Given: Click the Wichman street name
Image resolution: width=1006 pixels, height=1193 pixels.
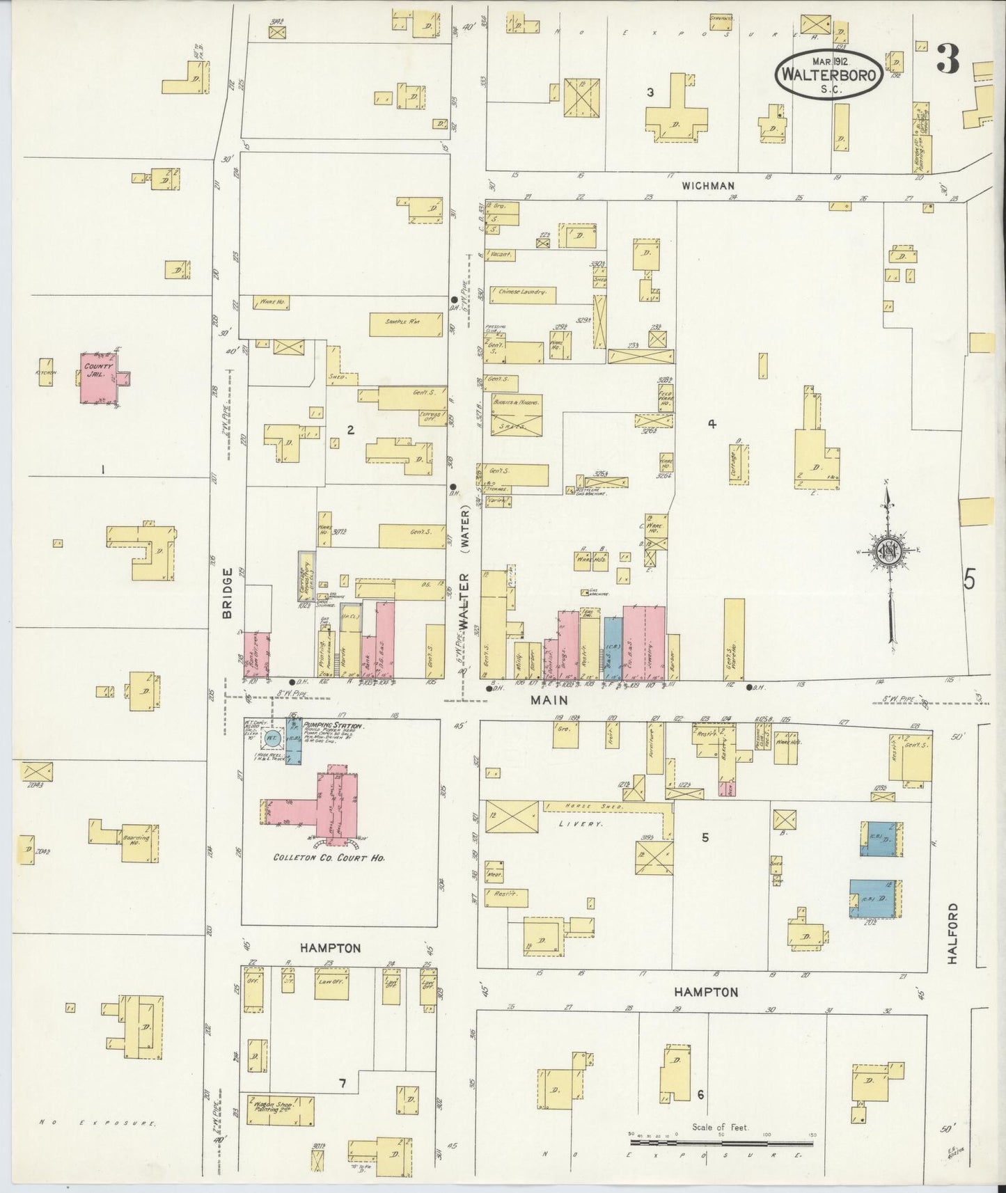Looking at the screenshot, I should point(708,185).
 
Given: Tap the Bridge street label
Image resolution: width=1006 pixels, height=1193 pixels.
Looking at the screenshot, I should point(228,593).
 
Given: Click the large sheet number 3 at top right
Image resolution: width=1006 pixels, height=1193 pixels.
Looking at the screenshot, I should point(947,58).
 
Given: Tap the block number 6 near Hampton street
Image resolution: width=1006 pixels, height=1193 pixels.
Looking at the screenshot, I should point(700,1094).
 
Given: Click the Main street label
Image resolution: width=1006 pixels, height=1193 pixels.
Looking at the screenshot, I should point(549,700).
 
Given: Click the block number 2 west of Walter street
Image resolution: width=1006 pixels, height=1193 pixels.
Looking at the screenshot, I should point(350,430).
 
